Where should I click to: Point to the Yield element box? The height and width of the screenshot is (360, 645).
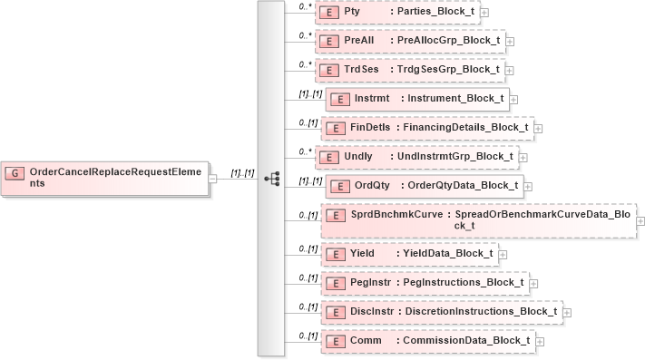pyautogui.click(x=408, y=254)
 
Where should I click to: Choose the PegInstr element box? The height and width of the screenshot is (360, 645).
pyautogui.click(x=423, y=283)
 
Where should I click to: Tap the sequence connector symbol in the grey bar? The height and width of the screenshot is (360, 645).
pyautogui.click(x=270, y=178)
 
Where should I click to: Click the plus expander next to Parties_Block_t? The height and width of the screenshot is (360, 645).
pyautogui.click(x=485, y=13)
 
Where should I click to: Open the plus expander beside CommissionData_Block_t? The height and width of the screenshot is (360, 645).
pyautogui.click(x=540, y=342)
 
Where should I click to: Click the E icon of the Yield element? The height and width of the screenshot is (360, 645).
pyautogui.click(x=334, y=254)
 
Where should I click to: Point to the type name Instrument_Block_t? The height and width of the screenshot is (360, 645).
pyautogui.click(x=455, y=98)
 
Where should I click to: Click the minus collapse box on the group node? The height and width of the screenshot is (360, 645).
pyautogui.click(x=212, y=178)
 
